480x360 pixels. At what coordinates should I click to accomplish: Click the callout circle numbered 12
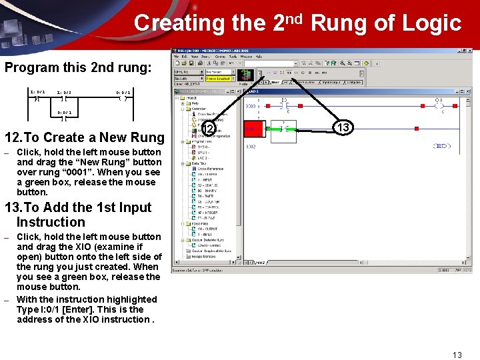tap(209, 128)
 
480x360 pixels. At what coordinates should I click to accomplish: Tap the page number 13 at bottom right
tap(456, 355)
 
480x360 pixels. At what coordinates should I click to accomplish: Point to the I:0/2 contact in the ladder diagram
tap(64, 97)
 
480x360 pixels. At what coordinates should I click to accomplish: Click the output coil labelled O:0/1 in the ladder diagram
tap(122, 97)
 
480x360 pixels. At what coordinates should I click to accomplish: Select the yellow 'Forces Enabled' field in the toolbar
tap(218, 79)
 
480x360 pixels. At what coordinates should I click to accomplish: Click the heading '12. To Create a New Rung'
tap(84, 137)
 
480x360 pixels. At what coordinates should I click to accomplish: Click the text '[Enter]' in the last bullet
tap(75, 309)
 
